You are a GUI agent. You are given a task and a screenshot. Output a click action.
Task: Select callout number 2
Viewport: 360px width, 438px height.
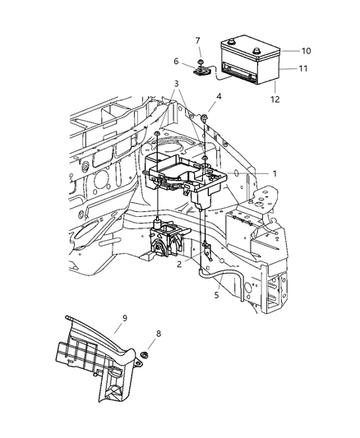tap(178, 264)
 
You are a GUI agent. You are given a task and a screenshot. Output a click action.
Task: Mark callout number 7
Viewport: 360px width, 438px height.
tap(197, 40)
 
